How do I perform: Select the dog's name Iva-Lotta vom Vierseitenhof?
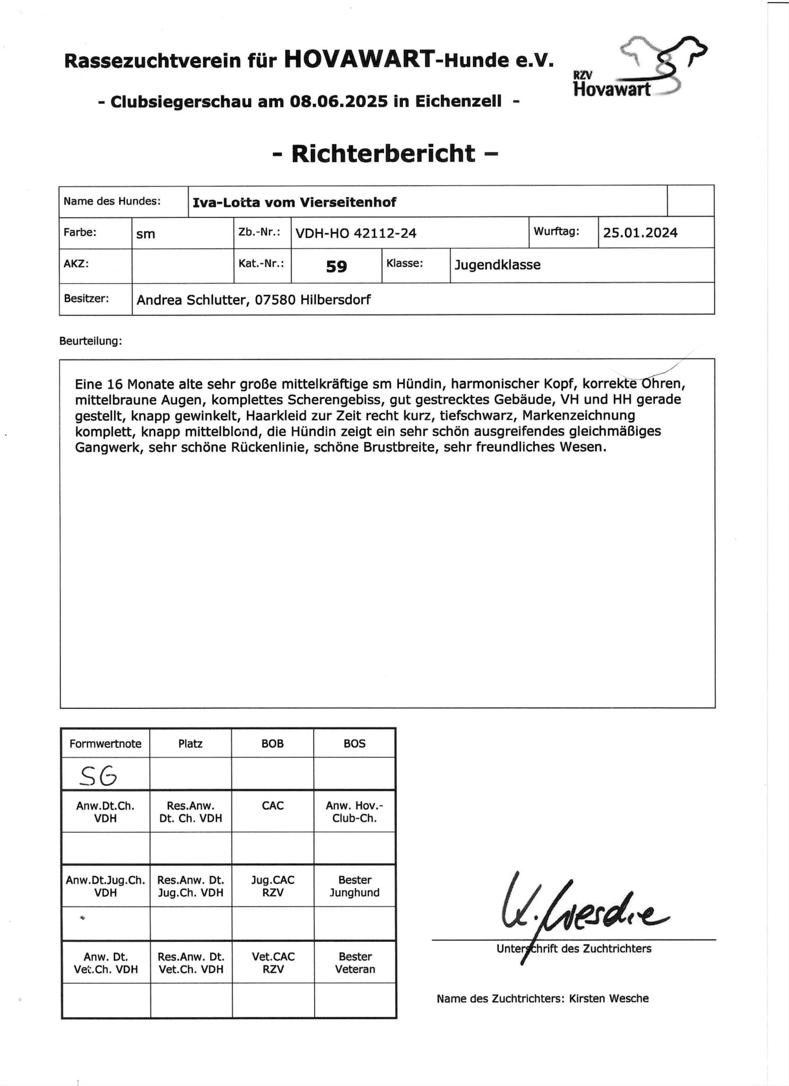pos(294,202)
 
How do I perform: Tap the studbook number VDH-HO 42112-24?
pos(356,233)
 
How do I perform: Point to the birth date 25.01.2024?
pos(640,233)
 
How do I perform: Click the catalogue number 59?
pos(336,266)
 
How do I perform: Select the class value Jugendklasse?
pos(497,265)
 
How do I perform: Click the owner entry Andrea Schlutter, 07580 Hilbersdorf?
pos(254,300)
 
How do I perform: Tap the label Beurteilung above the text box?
pos(91,341)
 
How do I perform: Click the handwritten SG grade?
pos(98,777)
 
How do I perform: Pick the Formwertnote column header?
pos(105,743)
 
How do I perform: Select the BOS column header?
pos(354,743)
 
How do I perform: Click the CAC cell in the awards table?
pos(273,805)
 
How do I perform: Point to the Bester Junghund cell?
pos(354,886)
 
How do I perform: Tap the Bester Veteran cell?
pos(354,963)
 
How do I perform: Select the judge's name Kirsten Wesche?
pos(609,999)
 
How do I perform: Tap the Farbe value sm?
pos(145,234)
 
